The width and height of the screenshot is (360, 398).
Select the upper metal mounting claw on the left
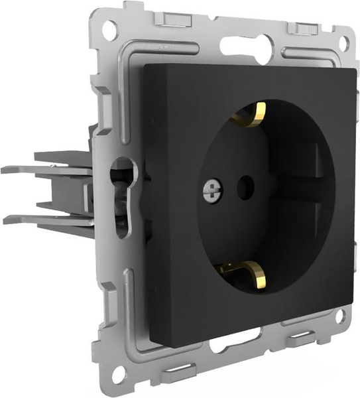46,165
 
